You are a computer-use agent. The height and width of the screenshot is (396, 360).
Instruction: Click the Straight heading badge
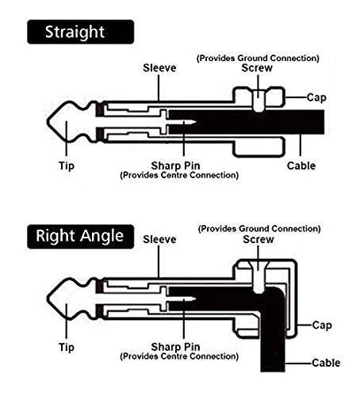click(80, 32)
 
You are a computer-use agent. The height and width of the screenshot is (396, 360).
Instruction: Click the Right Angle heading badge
click(80, 236)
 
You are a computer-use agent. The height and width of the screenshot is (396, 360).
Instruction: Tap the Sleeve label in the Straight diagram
click(159, 68)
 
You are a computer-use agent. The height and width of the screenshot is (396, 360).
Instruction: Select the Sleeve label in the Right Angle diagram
click(159, 239)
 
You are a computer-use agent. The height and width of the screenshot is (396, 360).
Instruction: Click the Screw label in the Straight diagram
click(257, 68)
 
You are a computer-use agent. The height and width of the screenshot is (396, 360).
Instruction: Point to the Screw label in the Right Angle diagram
click(259, 239)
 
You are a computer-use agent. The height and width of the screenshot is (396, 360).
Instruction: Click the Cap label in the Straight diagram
click(316, 98)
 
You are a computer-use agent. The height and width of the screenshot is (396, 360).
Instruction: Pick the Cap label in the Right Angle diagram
click(322, 326)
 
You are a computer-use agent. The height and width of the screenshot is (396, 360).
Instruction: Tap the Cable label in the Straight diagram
click(301, 166)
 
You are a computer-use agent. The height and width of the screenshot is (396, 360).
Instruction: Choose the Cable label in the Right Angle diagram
click(326, 363)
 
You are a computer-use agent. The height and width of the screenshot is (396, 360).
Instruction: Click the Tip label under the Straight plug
click(67, 166)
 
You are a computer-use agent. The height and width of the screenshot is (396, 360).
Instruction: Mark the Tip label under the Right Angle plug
click(67, 348)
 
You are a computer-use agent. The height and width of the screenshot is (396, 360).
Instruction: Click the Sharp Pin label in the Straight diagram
click(175, 166)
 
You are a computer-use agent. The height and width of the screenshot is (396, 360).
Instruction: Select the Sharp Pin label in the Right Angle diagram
click(175, 347)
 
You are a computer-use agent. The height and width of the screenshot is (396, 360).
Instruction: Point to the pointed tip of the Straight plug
click(48, 122)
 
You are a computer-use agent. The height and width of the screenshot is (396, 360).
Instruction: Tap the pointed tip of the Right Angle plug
click(48, 299)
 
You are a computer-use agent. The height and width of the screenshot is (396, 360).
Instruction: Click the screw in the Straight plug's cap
click(259, 101)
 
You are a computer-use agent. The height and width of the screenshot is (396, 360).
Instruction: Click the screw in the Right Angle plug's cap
click(259, 277)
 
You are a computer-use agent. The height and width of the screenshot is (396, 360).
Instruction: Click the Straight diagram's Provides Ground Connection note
click(258, 58)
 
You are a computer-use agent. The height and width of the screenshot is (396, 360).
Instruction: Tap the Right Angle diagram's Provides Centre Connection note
click(179, 356)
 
